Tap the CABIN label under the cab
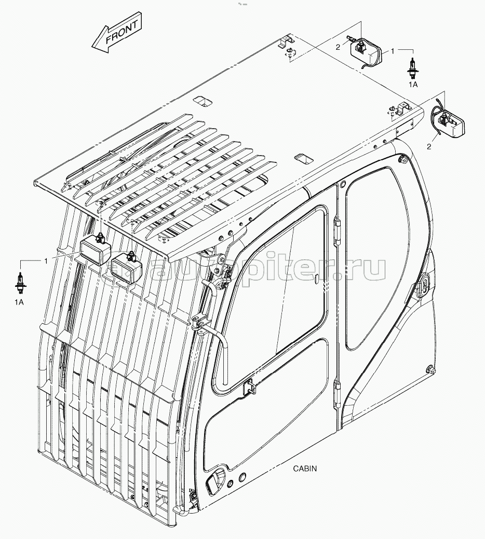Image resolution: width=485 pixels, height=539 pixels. (305, 468)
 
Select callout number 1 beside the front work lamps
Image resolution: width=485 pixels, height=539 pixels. (46, 261)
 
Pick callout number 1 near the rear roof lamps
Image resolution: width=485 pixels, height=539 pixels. (393, 51)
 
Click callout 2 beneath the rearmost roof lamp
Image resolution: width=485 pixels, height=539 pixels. (428, 147)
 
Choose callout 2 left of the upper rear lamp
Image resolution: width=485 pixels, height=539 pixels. (338, 47)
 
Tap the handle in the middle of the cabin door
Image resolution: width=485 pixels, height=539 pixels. (249, 386)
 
